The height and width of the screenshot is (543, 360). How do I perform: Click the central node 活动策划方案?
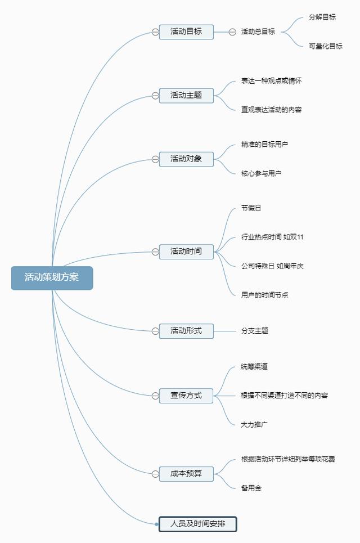(52, 278)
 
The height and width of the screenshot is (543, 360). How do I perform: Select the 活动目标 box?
(186, 32)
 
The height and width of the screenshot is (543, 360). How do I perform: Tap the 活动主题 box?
(186, 95)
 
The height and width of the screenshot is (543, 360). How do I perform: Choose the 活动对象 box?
(186, 159)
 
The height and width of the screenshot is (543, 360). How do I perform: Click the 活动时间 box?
(186, 252)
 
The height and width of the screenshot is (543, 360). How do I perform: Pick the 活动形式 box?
(186, 331)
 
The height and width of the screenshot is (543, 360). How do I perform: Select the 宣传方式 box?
(186, 396)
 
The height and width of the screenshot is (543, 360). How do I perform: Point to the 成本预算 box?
(186, 474)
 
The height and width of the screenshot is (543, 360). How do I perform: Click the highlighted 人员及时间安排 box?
(197, 524)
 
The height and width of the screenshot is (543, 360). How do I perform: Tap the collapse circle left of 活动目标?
(155, 32)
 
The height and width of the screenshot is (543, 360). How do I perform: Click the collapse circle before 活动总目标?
(232, 32)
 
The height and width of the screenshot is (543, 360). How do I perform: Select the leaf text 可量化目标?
(325, 46)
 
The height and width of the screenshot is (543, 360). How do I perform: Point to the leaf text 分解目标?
(322, 17)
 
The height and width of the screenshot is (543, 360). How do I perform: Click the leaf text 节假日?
(251, 208)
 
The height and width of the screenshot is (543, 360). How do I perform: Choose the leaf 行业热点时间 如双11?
(272, 237)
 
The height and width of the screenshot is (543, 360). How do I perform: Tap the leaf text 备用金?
(251, 488)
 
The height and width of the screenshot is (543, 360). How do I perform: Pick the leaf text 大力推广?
(254, 425)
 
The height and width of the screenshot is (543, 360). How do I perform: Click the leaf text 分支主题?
(254, 331)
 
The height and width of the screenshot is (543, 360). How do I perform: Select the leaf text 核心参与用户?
(261, 173)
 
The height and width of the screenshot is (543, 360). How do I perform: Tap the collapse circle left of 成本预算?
(155, 474)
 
